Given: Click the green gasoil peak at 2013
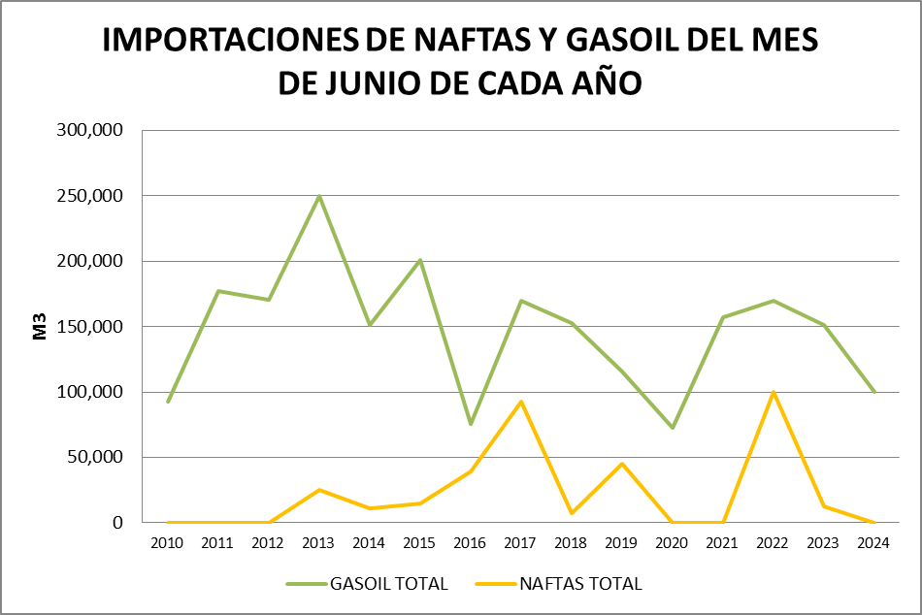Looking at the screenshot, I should pos(319,196).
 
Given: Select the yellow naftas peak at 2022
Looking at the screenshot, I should pos(774,392).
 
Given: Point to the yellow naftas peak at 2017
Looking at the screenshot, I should pos(521,402).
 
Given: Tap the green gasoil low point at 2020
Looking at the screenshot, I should pos(673,428).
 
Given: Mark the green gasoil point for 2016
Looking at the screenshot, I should pos(471,424).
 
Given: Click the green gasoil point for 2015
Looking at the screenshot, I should pos(420,260).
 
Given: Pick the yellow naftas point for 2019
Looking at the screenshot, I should pos(622,464).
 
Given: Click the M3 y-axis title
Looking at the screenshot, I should pos(40,327).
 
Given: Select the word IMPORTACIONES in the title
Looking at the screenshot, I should pos(228,41).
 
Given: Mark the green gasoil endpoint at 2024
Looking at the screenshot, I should pos(874,392).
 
